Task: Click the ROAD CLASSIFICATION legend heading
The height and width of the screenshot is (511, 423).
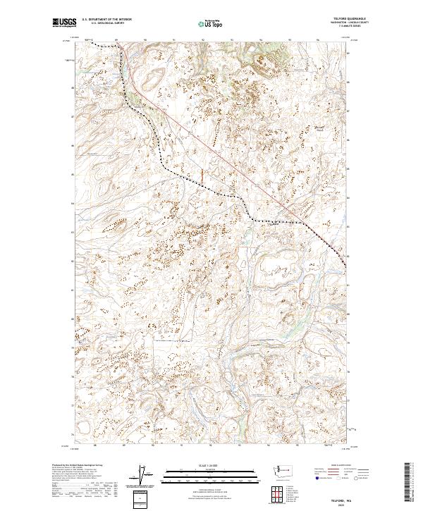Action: [341, 466]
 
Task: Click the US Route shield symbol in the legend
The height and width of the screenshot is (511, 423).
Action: [338, 477]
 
